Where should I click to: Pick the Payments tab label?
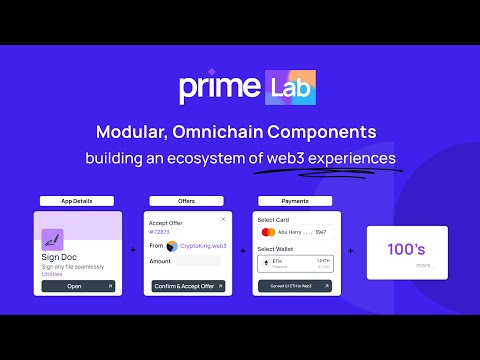click(297, 201)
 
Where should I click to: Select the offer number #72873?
click(159, 231)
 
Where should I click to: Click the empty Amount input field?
click(198, 261)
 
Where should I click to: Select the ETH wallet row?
click(297, 262)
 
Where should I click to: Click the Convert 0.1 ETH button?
click(297, 285)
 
